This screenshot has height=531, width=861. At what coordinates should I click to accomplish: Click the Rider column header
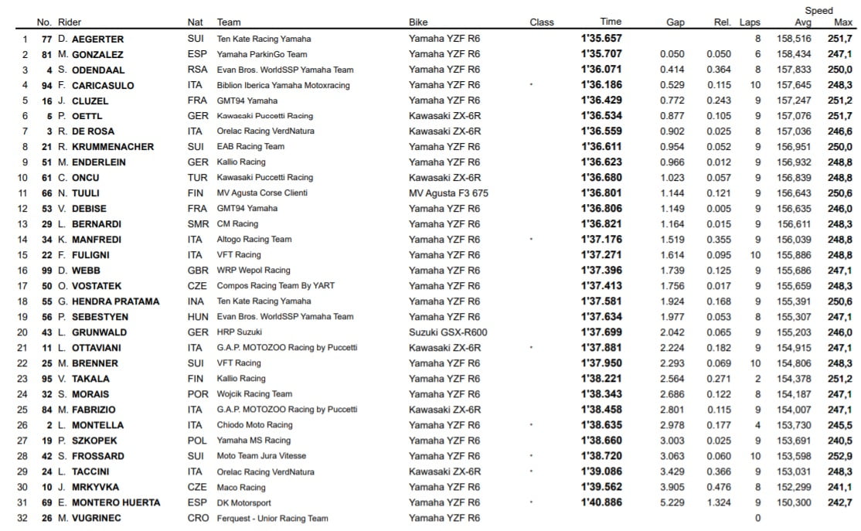click(x=70, y=22)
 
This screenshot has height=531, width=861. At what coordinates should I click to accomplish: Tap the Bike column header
click(x=418, y=22)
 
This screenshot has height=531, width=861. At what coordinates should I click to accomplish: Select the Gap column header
click(x=676, y=22)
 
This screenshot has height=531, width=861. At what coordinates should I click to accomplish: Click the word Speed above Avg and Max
click(x=818, y=11)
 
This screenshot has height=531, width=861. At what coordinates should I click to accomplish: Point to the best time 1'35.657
click(x=601, y=39)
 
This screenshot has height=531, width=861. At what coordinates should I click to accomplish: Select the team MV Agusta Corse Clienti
click(x=262, y=193)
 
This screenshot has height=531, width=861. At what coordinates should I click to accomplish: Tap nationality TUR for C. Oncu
click(x=197, y=178)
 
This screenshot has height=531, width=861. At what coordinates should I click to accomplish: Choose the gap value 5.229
click(x=672, y=502)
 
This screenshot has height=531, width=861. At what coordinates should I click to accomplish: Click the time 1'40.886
click(x=601, y=502)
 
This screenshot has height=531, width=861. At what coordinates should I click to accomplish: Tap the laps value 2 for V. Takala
click(x=757, y=379)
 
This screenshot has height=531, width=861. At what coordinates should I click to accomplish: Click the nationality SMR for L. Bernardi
click(x=198, y=224)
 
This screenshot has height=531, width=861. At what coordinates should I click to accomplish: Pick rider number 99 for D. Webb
click(x=46, y=271)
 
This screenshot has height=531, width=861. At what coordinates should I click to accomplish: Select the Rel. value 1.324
click(x=719, y=502)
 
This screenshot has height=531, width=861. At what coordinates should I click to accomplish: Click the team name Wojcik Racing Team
click(x=254, y=394)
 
